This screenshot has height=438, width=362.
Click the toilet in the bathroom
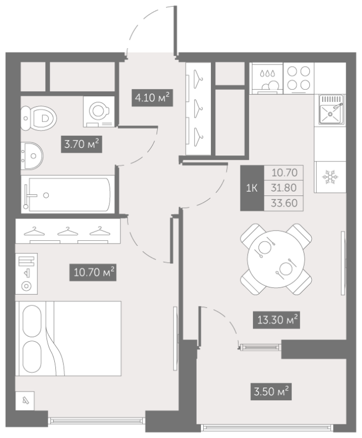[38, 118]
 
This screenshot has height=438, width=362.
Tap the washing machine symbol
[99, 112]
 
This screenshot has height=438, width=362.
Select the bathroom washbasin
[32, 156]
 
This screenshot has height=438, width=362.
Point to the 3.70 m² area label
[82, 144]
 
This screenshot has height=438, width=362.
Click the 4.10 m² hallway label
[152, 98]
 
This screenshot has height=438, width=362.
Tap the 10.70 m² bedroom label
[93, 272]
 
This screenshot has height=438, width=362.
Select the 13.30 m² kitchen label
[277, 320]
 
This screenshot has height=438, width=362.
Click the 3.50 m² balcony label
[271, 391]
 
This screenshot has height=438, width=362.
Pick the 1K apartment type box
[252, 188]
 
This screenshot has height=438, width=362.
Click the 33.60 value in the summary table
[284, 203]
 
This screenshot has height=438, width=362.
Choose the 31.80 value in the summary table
[284, 188]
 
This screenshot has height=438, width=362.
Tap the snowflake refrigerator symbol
[330, 177]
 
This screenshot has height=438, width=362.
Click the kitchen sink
[331, 109]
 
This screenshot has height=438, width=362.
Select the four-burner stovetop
[298, 78]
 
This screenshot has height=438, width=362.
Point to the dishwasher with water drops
[267, 78]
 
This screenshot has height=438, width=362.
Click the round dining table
[276, 259]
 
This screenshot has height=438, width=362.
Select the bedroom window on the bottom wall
[96, 420]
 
